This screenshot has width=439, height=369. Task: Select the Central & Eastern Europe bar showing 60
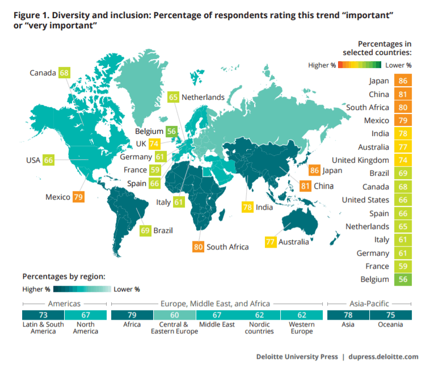pos(176,315)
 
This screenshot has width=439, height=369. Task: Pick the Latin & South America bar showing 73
pos(43,315)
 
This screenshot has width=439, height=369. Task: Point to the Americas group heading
pos(65,303)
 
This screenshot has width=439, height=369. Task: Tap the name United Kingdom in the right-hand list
pos(360,160)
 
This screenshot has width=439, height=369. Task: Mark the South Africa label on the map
pos(227,247)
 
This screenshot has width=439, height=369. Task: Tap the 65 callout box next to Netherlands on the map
pos(173,97)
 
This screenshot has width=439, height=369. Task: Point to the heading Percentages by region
pos(64,277)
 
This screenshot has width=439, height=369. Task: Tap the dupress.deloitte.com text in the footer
pos(386,357)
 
